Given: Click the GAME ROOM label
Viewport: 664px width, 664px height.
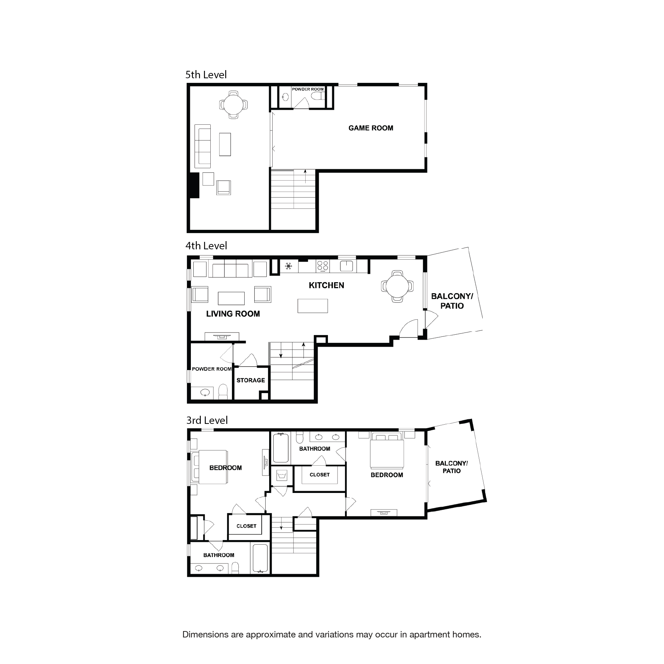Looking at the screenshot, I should pos(370,128).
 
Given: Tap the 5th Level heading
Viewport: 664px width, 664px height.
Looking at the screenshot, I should pos(206,75).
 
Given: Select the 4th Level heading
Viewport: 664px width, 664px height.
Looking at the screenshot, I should pos(206,246).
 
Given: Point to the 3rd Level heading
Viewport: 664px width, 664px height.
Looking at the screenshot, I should pos(207,420).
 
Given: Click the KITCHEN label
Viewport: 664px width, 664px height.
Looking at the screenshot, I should pos(326,285).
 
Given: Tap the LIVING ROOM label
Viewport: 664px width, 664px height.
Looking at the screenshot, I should pos(233,314).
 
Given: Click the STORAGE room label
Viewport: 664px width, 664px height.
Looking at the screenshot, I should pos(250,380).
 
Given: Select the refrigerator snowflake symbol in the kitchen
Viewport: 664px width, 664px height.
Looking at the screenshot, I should pos(289,266).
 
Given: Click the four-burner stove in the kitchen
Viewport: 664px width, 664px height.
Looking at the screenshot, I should pos(323,266).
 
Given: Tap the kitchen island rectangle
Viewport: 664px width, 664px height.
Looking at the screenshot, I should pos(312,306).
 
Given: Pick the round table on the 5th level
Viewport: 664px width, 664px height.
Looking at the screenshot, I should pos(233,104).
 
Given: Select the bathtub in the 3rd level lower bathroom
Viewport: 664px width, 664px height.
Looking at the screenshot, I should pos(261,558).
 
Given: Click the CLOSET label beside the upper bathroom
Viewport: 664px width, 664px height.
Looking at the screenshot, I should pos(319,475).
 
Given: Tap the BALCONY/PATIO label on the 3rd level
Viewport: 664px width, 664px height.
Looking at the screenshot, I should pos(452,467).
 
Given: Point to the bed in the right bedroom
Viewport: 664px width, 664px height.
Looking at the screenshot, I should pos(387,451).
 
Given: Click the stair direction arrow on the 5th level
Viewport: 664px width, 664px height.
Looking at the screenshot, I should pos(305,176).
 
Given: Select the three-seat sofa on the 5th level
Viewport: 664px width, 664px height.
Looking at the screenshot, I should pos(203,146).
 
